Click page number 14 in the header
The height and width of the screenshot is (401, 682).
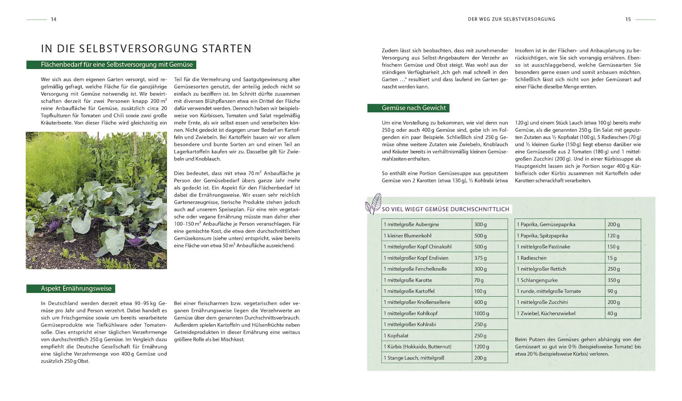(54, 19)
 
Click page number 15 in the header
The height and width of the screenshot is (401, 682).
(628, 19)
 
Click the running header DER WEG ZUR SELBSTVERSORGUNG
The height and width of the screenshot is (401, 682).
(512, 19)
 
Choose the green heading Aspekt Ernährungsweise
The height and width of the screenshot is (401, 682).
(71, 289)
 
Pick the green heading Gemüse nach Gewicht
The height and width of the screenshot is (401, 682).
(408, 108)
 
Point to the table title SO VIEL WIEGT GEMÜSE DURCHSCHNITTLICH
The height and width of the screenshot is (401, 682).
(445, 209)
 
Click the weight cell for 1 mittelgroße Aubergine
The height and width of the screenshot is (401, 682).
(490, 224)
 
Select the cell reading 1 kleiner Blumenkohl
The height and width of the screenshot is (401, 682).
(427, 236)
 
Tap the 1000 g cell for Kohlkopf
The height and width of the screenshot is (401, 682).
(490, 313)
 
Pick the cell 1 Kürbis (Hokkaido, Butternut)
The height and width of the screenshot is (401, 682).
(427, 346)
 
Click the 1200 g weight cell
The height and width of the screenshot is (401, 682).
(490, 346)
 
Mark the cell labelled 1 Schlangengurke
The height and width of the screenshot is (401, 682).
(560, 280)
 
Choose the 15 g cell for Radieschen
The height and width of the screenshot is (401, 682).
(623, 258)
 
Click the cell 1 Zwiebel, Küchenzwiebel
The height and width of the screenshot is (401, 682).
(560, 313)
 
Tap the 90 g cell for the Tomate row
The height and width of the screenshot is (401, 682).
(623, 291)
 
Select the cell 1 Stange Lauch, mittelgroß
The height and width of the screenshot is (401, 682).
(427, 358)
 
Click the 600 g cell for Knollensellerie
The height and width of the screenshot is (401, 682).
(490, 302)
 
